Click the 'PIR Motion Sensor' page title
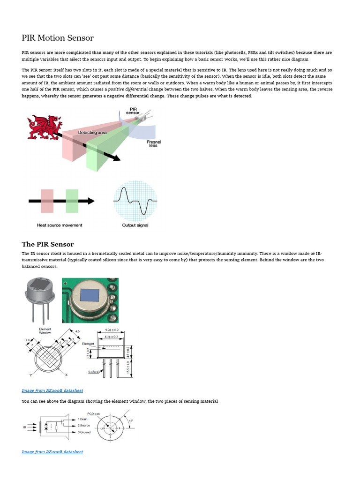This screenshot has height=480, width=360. (58, 38)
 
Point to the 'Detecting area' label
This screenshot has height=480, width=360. (92, 133)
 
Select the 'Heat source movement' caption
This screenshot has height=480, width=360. (60, 225)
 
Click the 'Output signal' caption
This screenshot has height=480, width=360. (135, 225)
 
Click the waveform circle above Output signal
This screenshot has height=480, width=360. (135, 200)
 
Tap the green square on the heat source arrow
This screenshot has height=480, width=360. (72, 201)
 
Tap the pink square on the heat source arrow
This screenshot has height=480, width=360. (47, 201)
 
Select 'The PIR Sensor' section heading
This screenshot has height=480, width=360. (48, 244)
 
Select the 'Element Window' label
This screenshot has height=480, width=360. (45, 331)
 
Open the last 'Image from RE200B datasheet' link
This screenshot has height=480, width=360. (52, 452)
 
